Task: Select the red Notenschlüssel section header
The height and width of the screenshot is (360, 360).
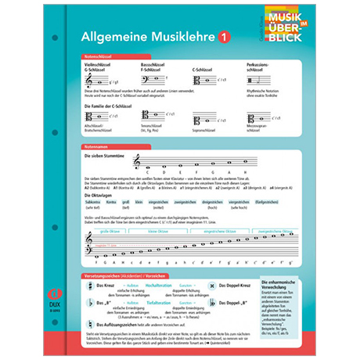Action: click(101, 57)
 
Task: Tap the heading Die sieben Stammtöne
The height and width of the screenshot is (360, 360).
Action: click(105, 156)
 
